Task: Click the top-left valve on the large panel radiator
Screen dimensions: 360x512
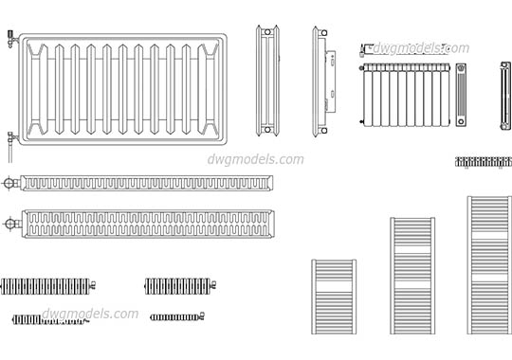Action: point(9,39)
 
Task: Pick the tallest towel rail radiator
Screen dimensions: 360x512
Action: point(489,269)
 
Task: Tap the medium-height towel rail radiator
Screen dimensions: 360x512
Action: point(412,281)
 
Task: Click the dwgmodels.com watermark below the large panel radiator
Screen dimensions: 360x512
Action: point(255,159)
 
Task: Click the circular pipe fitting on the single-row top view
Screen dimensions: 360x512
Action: point(9,181)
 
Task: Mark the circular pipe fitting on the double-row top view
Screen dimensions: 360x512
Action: point(9,225)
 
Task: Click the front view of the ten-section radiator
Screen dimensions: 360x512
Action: point(405,94)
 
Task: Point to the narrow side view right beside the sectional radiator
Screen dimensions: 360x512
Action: point(462,94)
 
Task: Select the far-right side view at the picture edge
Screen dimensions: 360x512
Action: point(504,94)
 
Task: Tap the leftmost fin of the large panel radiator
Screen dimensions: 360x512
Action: point(41,86)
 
